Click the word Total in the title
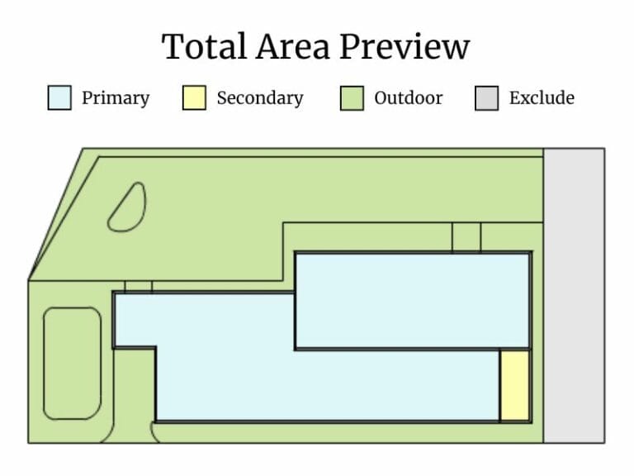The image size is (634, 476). [x=197, y=47]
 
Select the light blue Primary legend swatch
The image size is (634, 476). [x=59, y=98]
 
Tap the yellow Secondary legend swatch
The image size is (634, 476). [x=193, y=98]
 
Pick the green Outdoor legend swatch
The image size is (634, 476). [x=352, y=98]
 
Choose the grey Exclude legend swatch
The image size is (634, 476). [x=487, y=98]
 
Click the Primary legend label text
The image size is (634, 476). [x=116, y=98]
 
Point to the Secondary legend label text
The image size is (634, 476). [x=259, y=98]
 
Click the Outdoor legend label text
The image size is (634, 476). [x=408, y=98]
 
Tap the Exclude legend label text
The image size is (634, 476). [x=542, y=98]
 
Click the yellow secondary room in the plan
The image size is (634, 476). [x=513, y=386]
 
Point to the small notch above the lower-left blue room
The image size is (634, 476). [x=138, y=287]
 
